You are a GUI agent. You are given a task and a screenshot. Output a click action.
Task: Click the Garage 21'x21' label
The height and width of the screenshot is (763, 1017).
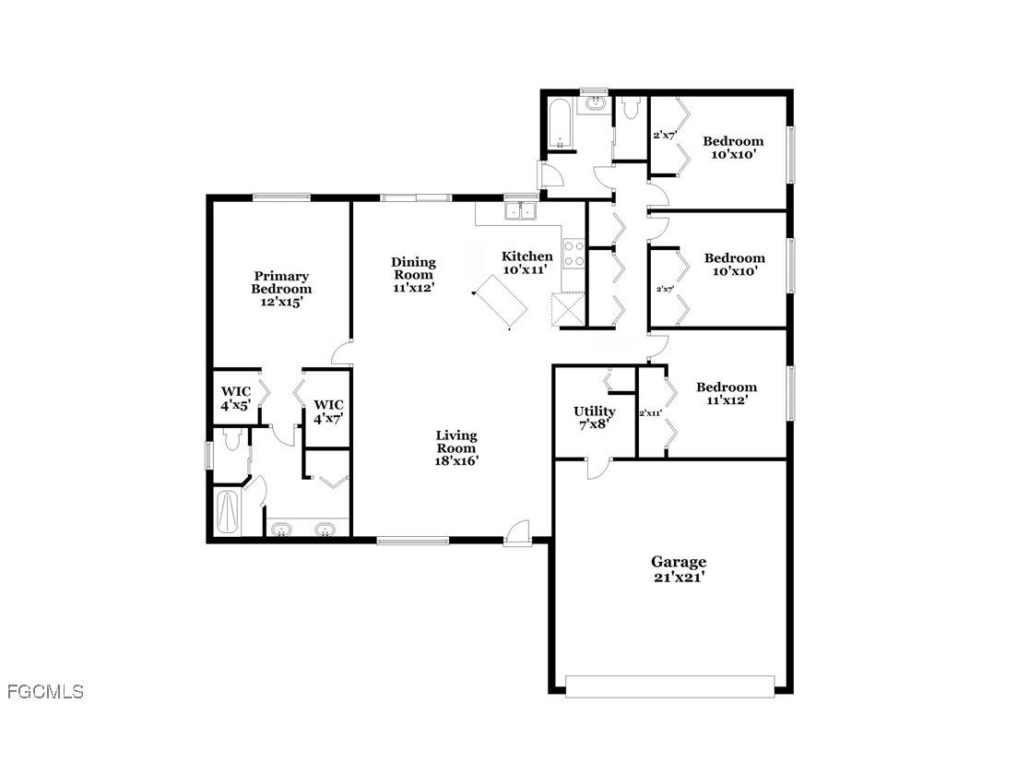point(679,568)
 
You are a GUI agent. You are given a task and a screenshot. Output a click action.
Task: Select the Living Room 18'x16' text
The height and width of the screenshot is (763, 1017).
point(456,447)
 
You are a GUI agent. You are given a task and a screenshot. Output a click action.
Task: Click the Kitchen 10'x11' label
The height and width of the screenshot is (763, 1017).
point(526,263)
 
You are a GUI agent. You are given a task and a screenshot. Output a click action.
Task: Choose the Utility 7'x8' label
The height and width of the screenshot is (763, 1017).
point(594,417)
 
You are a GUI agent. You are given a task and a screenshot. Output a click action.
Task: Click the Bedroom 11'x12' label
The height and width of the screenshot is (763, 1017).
point(727,393)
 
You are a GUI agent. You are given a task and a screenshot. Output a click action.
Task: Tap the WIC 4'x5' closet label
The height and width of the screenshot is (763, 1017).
point(235,399)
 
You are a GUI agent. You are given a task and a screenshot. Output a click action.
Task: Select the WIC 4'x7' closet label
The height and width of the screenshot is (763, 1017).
point(328,411)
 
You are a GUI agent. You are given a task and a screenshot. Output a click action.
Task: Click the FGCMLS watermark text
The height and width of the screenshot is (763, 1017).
point(44,691)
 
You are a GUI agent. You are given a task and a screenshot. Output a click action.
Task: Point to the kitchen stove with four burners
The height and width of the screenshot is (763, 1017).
point(574,254)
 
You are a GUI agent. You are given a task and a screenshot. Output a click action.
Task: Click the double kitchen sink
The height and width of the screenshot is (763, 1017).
point(521,212)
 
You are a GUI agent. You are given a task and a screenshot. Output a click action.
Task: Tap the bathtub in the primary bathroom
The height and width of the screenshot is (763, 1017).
point(227,512)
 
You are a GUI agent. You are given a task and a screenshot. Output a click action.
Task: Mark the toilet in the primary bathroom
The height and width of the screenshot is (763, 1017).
point(231,441)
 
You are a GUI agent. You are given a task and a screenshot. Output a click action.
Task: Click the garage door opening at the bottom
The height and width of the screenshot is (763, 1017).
point(669,686)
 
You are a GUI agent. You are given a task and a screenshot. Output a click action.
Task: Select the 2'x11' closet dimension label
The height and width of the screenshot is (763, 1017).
point(651,413)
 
